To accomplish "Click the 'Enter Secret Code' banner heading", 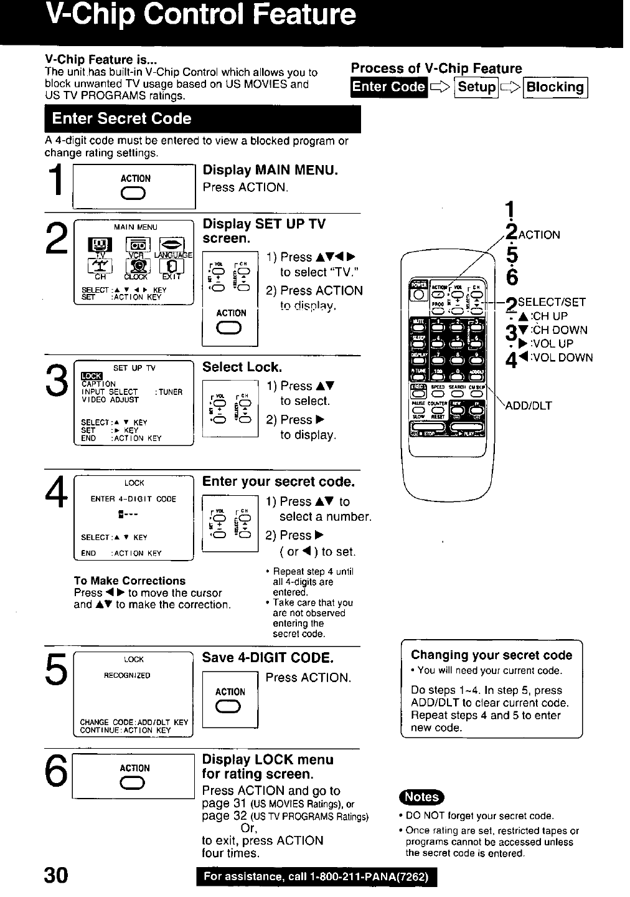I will (122, 119).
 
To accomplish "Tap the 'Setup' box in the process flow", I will (477, 87).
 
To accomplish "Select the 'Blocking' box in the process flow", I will (555, 87).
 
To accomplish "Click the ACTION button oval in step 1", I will (135, 195).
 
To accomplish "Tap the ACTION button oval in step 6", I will (135, 783).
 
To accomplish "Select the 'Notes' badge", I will (421, 797).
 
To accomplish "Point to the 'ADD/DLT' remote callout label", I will (529, 406).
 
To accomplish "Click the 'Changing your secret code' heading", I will (491, 655).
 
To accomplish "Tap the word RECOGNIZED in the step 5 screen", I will (127, 675).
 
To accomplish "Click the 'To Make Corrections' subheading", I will (129, 581).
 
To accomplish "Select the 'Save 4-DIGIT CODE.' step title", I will (268, 658).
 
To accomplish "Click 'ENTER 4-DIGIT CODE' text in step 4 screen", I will (133, 499).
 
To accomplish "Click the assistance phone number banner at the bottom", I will (316, 877).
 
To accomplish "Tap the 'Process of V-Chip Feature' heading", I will (436, 69).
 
